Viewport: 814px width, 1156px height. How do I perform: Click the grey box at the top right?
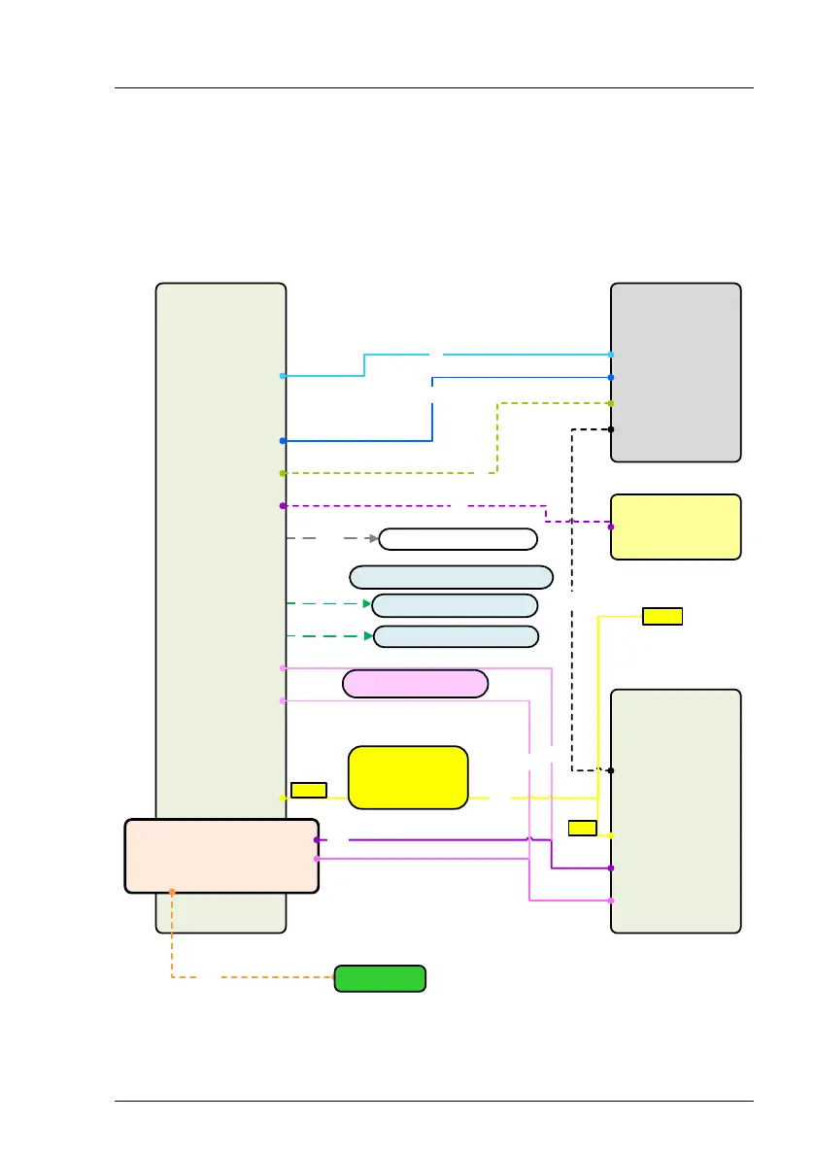[x=675, y=372]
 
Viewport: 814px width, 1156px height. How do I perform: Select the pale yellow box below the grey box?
[x=675, y=527]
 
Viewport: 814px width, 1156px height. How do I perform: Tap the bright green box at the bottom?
[x=380, y=978]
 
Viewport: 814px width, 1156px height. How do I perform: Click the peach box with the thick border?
[x=221, y=855]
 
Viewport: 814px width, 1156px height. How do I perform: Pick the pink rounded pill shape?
[x=415, y=683]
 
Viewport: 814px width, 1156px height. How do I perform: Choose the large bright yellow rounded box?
[x=408, y=777]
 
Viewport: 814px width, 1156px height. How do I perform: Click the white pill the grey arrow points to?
[x=458, y=539]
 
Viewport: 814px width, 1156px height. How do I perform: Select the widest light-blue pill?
[x=451, y=576]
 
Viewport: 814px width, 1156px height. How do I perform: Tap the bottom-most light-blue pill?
[x=456, y=636]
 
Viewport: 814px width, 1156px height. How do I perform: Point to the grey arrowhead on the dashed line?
[x=373, y=537]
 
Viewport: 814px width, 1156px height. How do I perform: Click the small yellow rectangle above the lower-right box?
[x=662, y=616]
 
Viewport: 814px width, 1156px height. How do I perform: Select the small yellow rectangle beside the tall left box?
[x=308, y=790]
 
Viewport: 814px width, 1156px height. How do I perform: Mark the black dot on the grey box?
[x=611, y=428]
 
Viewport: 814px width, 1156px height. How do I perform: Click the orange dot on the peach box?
[x=172, y=891]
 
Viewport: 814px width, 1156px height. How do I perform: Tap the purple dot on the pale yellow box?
[x=611, y=527]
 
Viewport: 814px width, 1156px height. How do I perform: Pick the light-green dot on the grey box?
[x=611, y=402]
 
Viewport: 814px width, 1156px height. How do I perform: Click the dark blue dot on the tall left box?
[x=283, y=441]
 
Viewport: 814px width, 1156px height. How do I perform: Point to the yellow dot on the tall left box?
[x=283, y=798]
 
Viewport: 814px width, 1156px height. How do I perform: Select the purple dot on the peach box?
[x=317, y=839]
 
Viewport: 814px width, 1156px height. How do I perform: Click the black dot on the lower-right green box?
[x=611, y=770]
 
